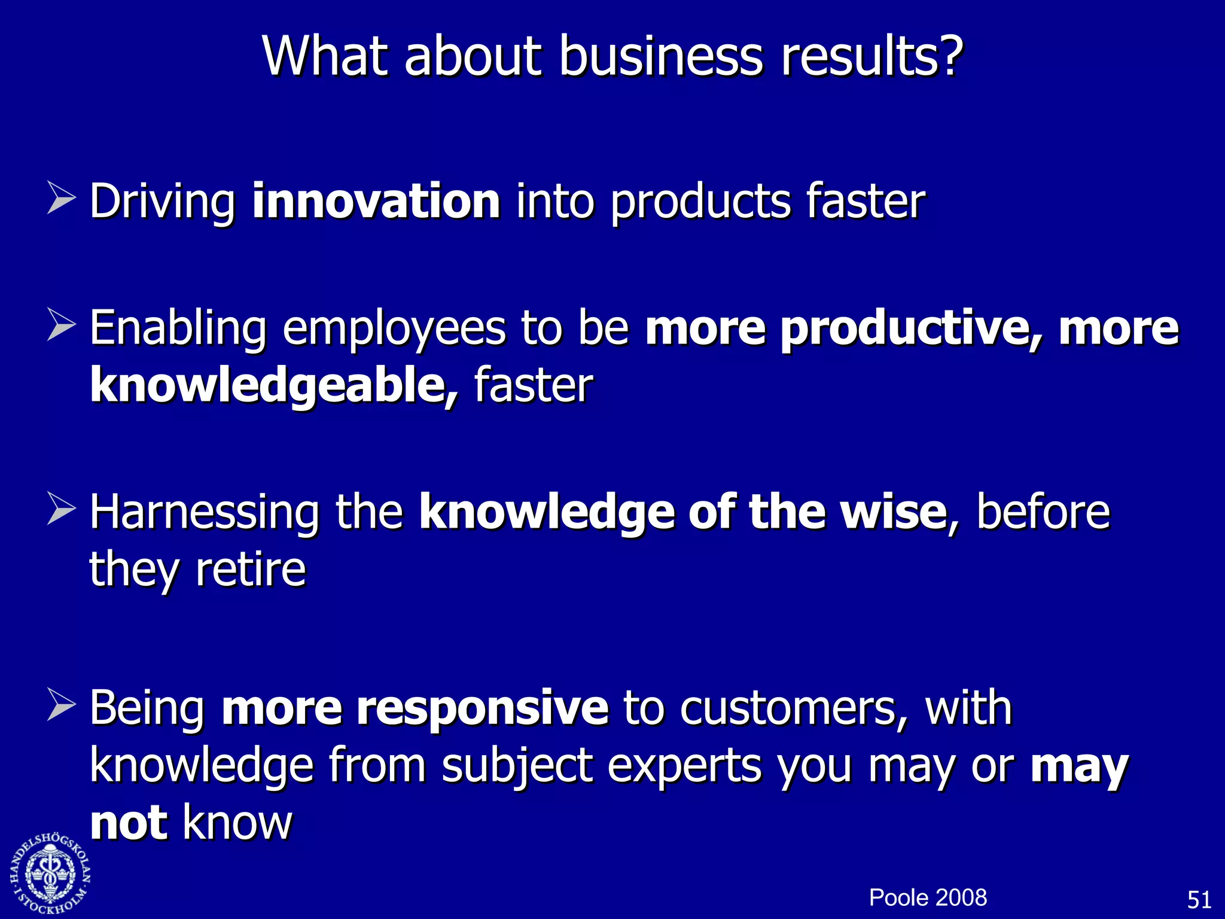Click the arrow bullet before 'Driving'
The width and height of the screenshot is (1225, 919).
click(x=61, y=199)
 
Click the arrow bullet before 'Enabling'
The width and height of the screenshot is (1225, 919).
click(x=61, y=326)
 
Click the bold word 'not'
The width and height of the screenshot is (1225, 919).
click(x=128, y=823)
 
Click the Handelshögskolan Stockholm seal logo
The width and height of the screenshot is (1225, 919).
click(x=50, y=874)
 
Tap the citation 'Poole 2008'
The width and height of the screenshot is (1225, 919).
click(x=927, y=897)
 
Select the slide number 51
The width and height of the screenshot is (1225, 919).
click(x=1199, y=900)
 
